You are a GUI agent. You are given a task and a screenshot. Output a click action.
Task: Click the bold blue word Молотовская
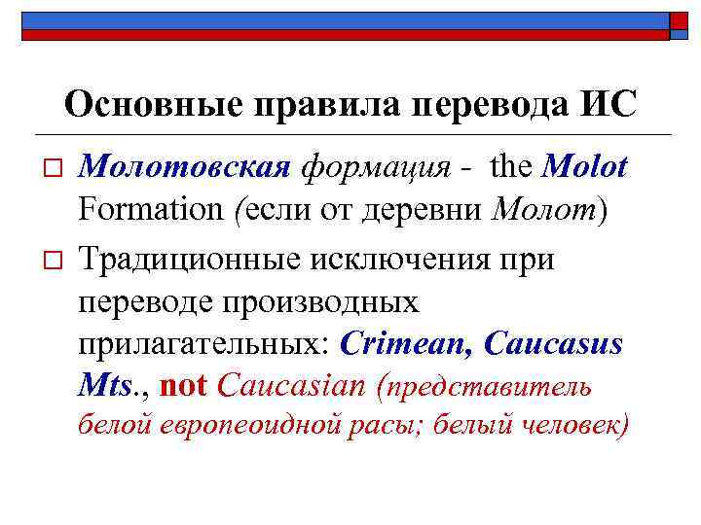coord(185,169)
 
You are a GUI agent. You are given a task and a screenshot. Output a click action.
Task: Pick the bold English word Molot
coord(584,169)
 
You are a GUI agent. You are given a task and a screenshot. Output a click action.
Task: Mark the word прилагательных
coord(205,344)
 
